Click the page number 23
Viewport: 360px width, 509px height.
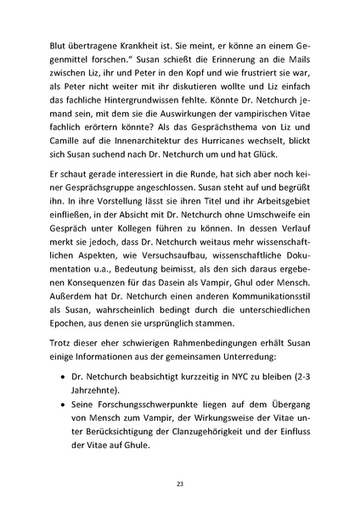(180, 484)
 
